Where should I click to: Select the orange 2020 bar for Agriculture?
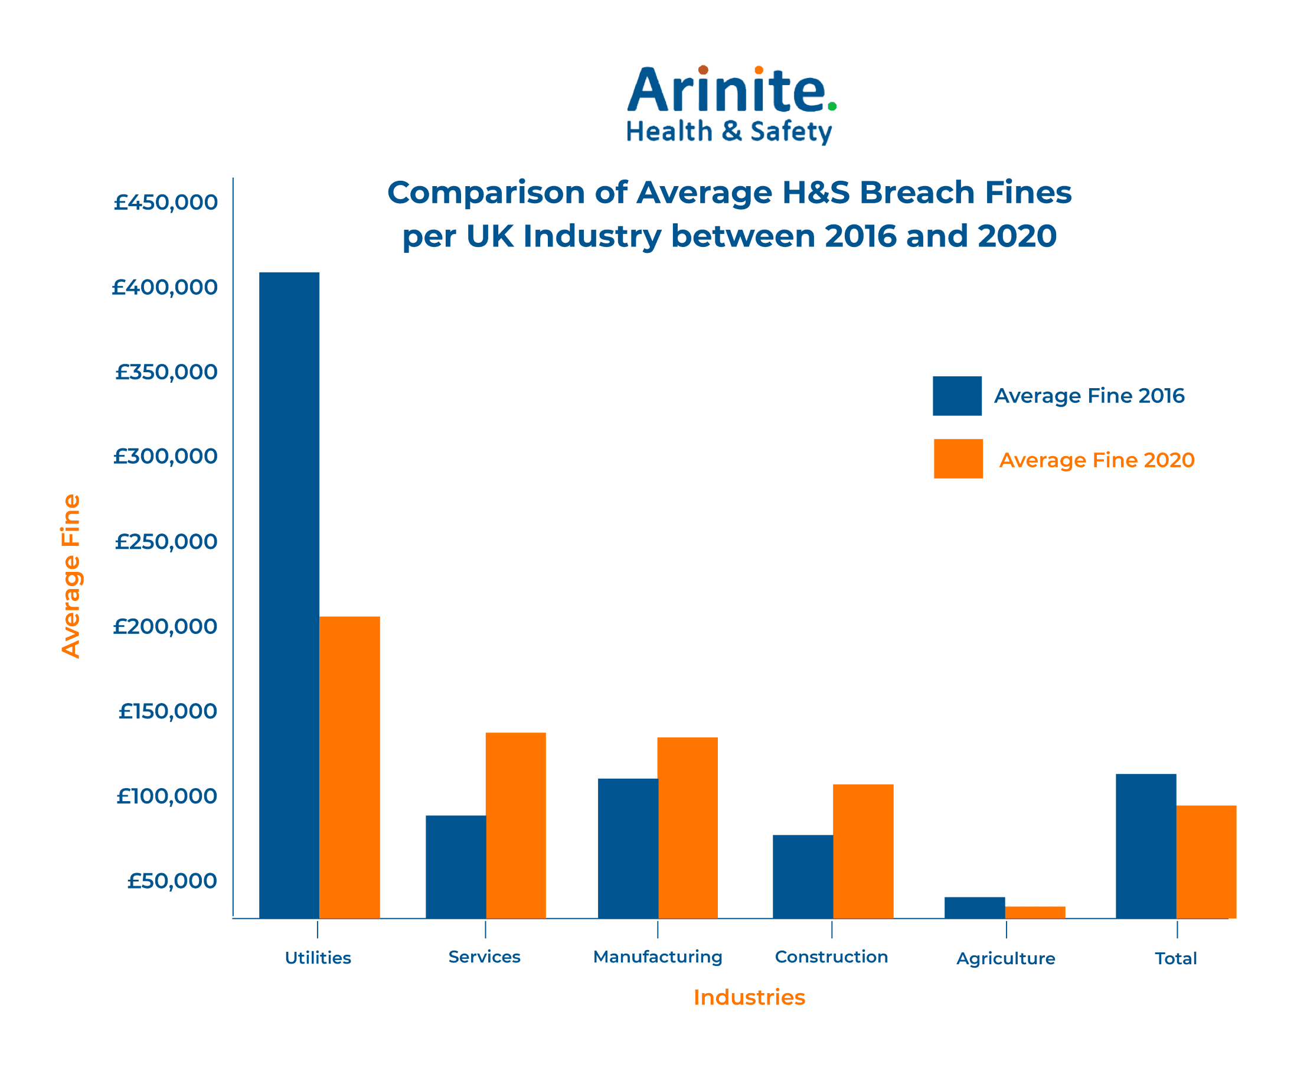[1035, 912]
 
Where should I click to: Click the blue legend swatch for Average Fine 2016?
[957, 396]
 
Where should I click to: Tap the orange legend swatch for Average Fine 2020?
[958, 458]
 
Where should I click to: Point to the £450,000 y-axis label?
[166, 202]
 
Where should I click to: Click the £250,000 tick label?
[166, 542]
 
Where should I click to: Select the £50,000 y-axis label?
[172, 881]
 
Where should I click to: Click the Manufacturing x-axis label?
[658, 957]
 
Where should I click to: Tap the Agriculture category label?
[1005, 959]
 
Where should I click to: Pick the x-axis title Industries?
[749, 997]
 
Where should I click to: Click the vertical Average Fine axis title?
[71, 576]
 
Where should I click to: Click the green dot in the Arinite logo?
[832, 106]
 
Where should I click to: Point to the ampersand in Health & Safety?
[731, 131]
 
